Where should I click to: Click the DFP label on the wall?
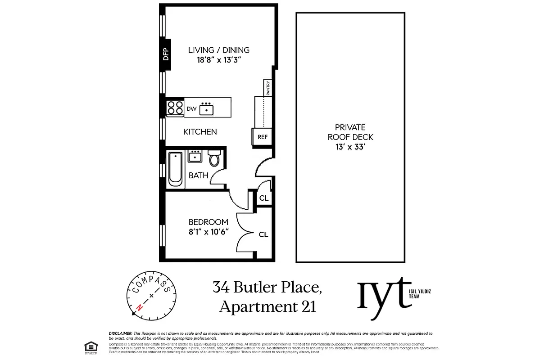coord(165,55)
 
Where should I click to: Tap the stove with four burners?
coord(175,108)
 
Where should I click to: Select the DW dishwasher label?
coord(191,108)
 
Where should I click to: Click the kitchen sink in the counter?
coord(207,108)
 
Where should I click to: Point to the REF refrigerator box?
coord(262,137)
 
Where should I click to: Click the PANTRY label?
coord(268,88)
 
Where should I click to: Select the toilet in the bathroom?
coord(214,158)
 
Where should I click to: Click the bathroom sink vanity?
coord(195,157)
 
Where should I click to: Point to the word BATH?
coord(199,175)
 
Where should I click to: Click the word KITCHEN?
coord(200,132)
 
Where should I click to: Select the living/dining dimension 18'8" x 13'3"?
coord(219,60)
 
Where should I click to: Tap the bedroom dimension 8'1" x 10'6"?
coord(209,232)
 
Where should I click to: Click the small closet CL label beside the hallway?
coord(264,198)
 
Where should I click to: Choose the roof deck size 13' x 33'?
coord(350,147)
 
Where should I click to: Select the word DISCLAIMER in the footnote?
coord(119,333)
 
